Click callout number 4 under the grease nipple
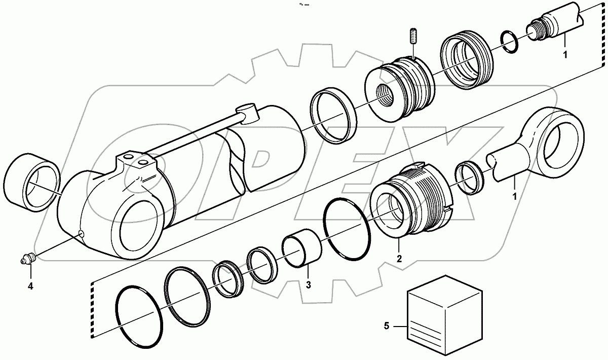30,286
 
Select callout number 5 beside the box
387,327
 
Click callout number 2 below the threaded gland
399,259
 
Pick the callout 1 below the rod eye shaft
516,196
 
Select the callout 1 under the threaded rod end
565,53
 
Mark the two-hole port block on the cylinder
137,165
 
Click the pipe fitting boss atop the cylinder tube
248,113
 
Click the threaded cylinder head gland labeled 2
410,203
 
